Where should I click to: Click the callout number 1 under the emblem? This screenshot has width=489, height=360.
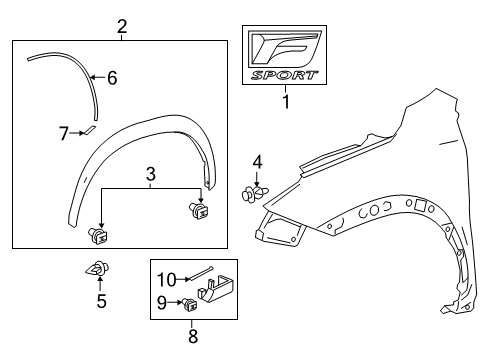point(286,101)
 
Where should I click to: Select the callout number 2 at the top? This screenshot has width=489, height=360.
point(121,27)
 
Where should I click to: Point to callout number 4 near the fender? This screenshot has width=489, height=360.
point(257,161)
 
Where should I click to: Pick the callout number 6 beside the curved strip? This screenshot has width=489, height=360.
point(112,77)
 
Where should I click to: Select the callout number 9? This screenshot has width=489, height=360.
point(161,303)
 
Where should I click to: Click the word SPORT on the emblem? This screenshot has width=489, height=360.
point(286,75)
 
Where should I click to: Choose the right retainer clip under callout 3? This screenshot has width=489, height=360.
point(199,210)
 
